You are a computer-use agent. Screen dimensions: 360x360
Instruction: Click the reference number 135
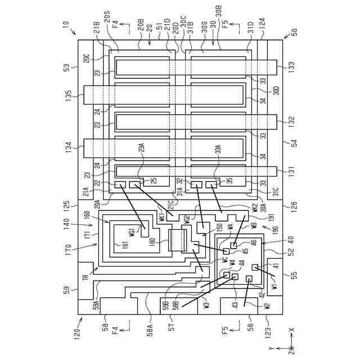67,93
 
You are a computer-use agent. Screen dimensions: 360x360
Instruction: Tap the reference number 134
67,148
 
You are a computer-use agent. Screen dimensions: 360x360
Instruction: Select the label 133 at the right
291,67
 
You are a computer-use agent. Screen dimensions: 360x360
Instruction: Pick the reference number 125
67,200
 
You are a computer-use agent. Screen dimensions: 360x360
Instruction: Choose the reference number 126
291,206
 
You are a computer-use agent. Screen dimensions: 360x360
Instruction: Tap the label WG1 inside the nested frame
132,231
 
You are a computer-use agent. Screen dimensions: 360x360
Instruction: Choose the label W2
267,307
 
